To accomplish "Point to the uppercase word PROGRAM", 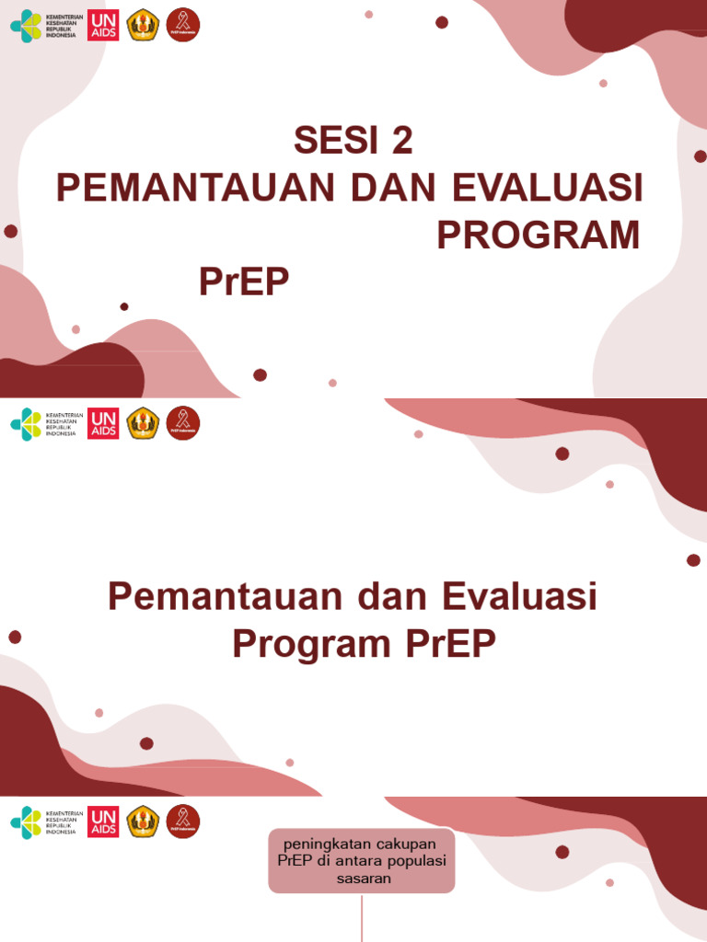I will pyautogui.click(x=538, y=235).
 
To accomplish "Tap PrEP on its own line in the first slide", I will pyautogui.click(x=244, y=283).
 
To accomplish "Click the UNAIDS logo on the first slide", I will pyautogui.click(x=103, y=26).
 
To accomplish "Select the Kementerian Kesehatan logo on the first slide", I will pyautogui.click(x=43, y=26).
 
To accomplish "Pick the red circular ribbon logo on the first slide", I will pyautogui.click(x=183, y=26).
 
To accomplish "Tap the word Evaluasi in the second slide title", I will pyautogui.click(x=521, y=597).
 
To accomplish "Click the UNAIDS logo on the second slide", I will pyautogui.click(x=103, y=423).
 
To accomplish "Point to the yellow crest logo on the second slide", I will pyautogui.click(x=143, y=423).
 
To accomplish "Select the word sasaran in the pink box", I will pyautogui.click(x=362, y=879).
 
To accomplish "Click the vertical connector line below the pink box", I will pyautogui.click(x=362, y=920).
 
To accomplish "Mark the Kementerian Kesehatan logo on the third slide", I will pyautogui.click(x=43, y=821).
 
